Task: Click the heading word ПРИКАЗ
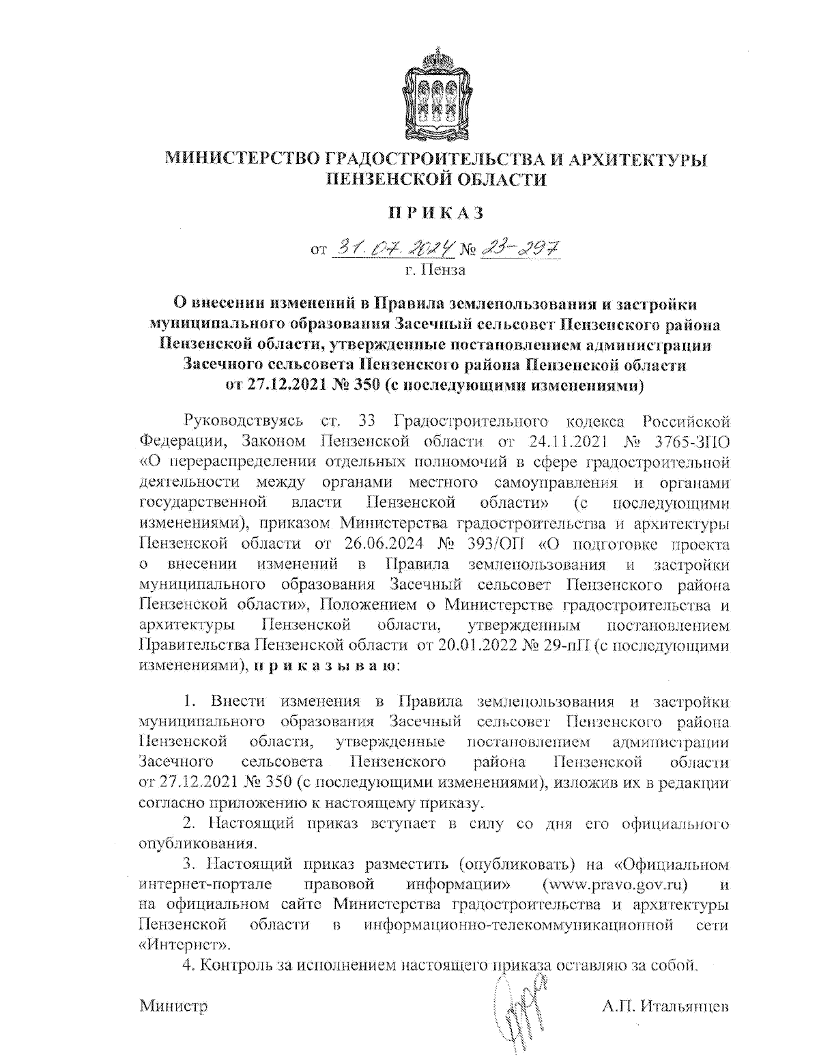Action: tap(436, 213)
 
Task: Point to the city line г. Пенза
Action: tap(435, 270)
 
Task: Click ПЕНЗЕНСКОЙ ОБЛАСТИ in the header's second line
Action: tap(436, 180)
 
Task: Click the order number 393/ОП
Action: tap(496, 544)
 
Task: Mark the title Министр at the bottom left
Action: tap(173, 1007)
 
